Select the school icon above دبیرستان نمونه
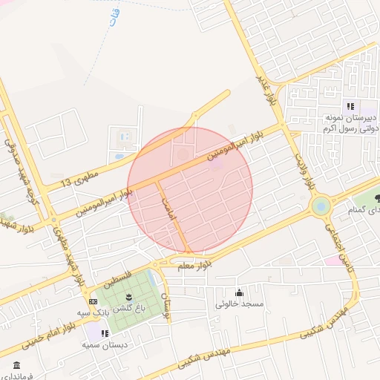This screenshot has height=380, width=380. (x=350, y=106)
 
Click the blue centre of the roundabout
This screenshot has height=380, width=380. (x=321, y=206)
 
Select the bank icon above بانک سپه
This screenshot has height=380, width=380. (x=93, y=302)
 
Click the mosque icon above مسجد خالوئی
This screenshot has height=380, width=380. (x=238, y=292)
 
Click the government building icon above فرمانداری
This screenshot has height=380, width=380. (x=16, y=365)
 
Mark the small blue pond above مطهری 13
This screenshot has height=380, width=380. (x=119, y=157)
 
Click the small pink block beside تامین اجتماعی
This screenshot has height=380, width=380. (x=329, y=260)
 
